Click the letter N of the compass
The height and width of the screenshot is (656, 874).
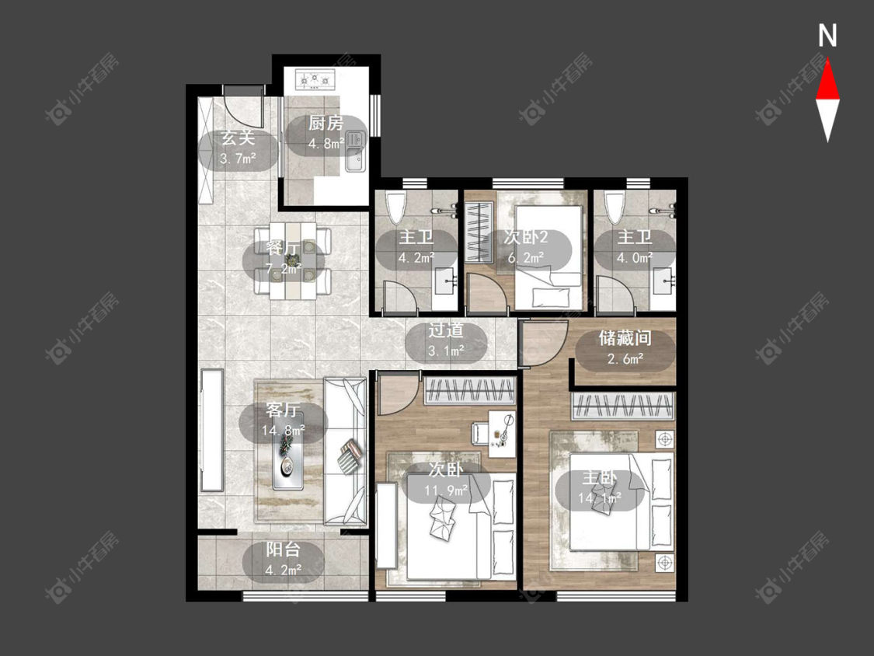point(827,36)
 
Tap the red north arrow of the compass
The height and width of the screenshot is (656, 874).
point(827,80)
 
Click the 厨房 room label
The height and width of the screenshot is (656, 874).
point(326,123)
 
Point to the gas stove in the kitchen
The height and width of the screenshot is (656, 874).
point(315,80)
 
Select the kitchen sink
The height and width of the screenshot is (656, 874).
point(354,151)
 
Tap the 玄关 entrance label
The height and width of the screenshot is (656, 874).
point(239,138)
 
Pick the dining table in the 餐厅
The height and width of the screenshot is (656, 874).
point(293,261)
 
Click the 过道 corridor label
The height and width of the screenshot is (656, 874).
point(446,330)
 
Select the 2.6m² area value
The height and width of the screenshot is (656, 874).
point(625,358)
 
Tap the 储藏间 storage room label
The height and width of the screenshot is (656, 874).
point(625,337)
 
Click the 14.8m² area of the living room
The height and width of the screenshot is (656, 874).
point(283,430)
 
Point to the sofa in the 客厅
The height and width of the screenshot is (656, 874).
point(346,452)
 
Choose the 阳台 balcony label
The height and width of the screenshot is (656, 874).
point(283,550)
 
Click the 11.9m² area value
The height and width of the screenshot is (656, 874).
point(446,490)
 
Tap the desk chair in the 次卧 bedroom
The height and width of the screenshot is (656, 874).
point(480,432)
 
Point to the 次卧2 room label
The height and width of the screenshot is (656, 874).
point(526,237)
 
